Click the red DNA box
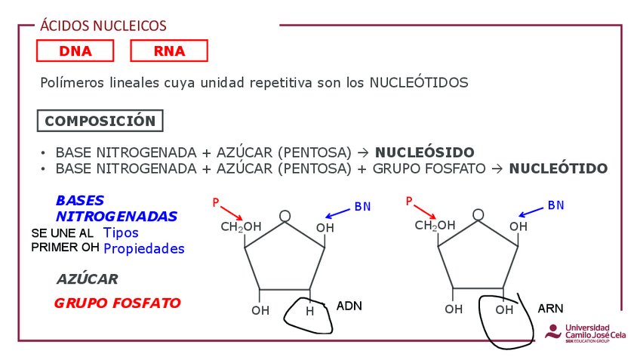[75, 51]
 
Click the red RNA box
[169, 51]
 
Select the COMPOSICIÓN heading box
[100, 121]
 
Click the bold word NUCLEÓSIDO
[425, 152]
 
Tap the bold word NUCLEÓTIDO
[558, 168]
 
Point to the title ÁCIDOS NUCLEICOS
[103, 26]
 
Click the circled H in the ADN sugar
[309, 311]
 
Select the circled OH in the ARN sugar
[504, 310]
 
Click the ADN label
[349, 306]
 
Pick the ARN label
[550, 309]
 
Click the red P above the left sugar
[216, 202]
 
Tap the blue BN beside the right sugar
[555, 205]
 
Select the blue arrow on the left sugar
[338, 212]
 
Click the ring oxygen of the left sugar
[285, 216]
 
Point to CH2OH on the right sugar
[435, 226]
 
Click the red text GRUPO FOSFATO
[117, 303]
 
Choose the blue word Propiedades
[144, 248]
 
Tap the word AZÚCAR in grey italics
[88, 279]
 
